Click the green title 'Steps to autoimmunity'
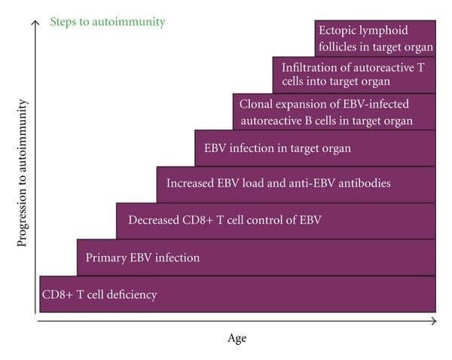[108, 22]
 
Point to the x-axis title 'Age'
[237, 338]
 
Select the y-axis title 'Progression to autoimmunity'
[22, 173]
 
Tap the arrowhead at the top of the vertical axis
[35, 23]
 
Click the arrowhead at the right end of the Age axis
[434, 321]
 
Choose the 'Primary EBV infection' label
[142, 258]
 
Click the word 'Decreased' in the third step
[154, 220]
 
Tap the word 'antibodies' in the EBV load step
[365, 183]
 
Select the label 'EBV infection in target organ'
[277, 148]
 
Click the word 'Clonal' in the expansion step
[255, 104]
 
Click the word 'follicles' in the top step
[337, 47]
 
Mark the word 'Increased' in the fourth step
[190, 183]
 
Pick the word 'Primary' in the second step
[105, 258]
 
